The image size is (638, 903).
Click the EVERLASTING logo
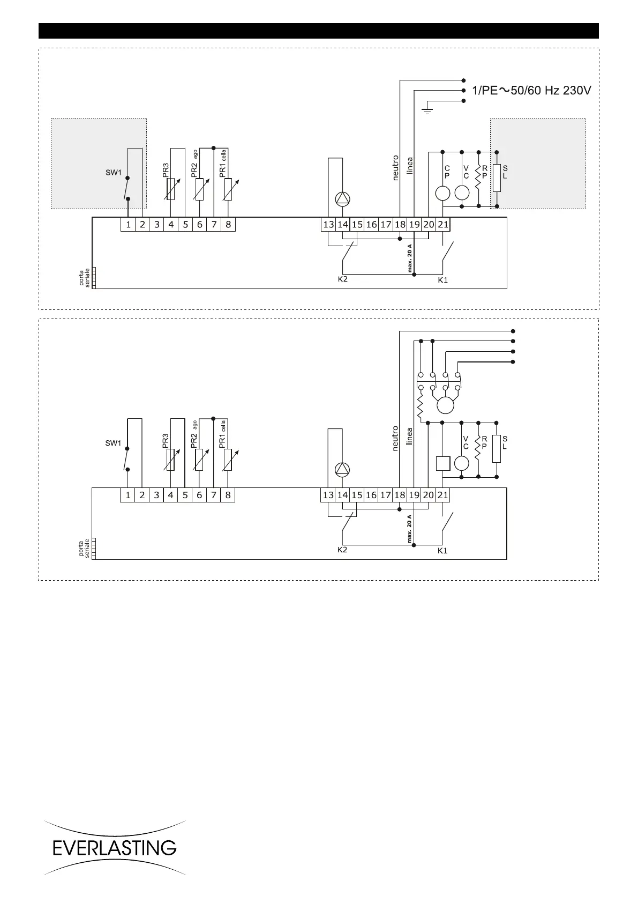pos(115,848)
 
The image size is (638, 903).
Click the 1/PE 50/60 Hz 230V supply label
pos(531,91)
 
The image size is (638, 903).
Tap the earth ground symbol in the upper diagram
pos(427,110)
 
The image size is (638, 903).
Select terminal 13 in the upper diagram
pos(328,225)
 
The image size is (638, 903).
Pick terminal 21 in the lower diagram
pos(442,495)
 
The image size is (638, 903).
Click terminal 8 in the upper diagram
pos(228,225)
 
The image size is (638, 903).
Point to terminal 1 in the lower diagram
pos(127,495)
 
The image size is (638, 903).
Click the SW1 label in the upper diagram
pos(113,173)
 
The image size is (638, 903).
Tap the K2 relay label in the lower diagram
pos(343,550)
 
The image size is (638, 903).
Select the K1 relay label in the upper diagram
pos(442,280)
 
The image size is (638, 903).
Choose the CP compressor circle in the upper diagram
pos(442,193)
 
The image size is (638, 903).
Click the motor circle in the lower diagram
pos(445,405)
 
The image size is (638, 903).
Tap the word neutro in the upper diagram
pos(396,168)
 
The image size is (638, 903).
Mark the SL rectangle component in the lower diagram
pos(497,449)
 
